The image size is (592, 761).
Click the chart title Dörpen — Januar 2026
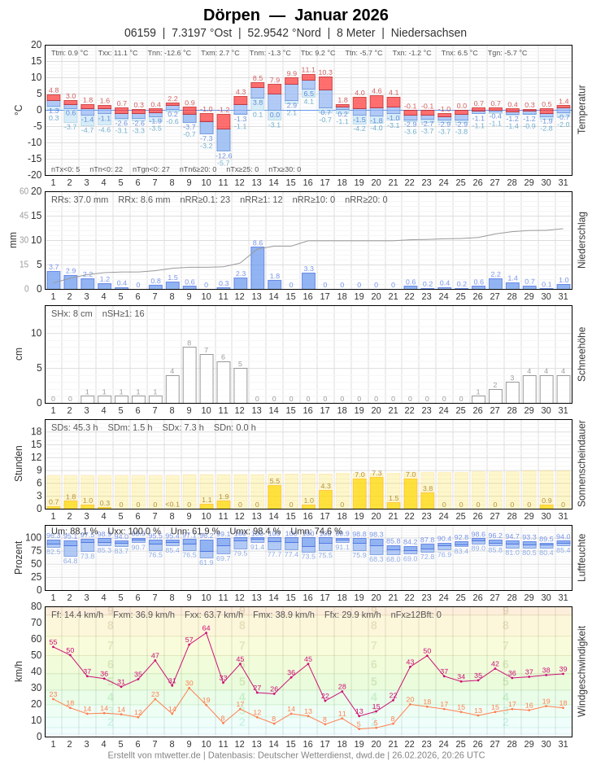pyautogui.click(x=295, y=15)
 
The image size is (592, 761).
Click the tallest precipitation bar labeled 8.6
pyautogui.click(x=257, y=268)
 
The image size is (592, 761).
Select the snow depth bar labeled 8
pyautogui.click(x=189, y=374)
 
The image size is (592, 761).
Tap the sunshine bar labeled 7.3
pyautogui.click(x=376, y=492)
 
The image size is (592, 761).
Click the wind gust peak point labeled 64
pyautogui.click(x=206, y=632)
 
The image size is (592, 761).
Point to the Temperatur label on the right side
pyautogui.click(x=581, y=109)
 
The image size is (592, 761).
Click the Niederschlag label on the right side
pyautogui.click(x=581, y=240)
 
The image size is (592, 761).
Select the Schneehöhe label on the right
pyautogui.click(x=581, y=354)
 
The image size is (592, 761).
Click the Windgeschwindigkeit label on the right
pyautogui.click(x=581, y=671)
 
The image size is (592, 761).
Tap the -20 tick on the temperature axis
pyautogui.click(x=36, y=174)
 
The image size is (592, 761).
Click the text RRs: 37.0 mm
pyautogui.click(x=80, y=199)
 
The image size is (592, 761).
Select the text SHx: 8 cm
pyautogui.click(x=72, y=313)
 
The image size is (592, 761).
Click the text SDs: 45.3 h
pyautogui.click(x=74, y=427)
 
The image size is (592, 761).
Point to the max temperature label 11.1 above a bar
pyautogui.click(x=308, y=70)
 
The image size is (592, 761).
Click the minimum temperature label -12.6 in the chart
pyautogui.click(x=224, y=155)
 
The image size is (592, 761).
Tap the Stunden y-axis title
pyautogui.click(x=18, y=463)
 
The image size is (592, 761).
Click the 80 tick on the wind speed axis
pyautogui.click(x=36, y=606)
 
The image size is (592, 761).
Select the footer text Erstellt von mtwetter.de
pyautogui.click(x=154, y=754)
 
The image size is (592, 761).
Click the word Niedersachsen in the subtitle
pyautogui.click(x=429, y=33)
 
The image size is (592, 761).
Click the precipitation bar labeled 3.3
pyautogui.click(x=308, y=280)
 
